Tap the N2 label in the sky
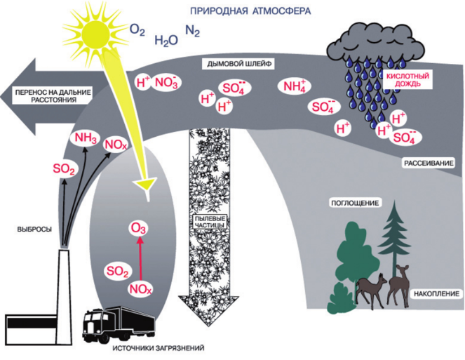tap(191, 31)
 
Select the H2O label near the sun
tap(166, 40)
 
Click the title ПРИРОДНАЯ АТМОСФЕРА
tap(251, 11)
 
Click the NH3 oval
tap(86, 138)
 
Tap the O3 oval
tap(138, 229)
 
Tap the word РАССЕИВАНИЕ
tap(429, 164)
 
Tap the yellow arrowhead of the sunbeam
tap(147, 185)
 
